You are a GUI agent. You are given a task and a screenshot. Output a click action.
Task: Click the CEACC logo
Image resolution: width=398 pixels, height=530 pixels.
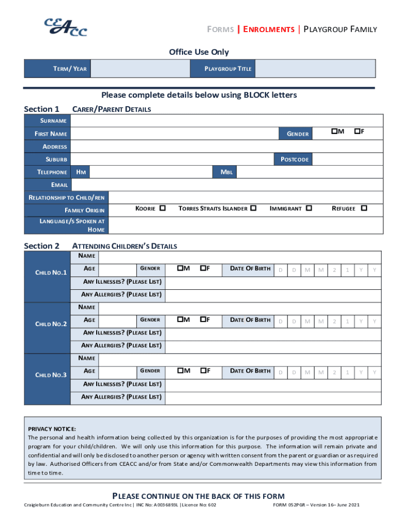[x=65, y=27]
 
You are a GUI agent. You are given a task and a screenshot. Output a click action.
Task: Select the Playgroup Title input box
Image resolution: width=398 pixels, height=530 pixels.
[x=315, y=69]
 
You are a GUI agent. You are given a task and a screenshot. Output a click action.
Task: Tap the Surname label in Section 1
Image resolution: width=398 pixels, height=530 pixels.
[x=54, y=121]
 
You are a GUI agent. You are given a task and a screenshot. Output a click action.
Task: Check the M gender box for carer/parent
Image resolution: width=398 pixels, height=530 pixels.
[x=334, y=132]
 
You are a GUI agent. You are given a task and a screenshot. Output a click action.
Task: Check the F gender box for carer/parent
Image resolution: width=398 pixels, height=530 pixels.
[x=357, y=132]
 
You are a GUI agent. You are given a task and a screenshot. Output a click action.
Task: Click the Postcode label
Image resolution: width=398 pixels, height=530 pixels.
[x=294, y=159]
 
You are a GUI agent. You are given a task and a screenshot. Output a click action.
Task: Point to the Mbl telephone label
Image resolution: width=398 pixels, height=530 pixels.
[x=226, y=172]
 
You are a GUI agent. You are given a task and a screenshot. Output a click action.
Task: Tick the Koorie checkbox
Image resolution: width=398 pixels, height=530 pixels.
[x=162, y=208]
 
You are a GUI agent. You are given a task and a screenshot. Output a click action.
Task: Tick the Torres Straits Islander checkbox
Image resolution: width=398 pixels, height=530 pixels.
[x=253, y=208]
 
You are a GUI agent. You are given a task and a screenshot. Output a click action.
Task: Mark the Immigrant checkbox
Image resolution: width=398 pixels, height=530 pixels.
[x=309, y=208]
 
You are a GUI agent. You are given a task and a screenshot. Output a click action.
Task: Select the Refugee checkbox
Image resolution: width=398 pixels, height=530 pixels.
[x=364, y=208]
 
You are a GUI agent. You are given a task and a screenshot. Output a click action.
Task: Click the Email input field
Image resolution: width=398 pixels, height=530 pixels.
[x=227, y=185]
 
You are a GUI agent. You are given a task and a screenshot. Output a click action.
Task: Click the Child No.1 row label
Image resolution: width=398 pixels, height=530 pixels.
[x=51, y=273]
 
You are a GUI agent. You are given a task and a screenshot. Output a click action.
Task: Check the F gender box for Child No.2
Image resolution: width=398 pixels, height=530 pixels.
[x=203, y=320]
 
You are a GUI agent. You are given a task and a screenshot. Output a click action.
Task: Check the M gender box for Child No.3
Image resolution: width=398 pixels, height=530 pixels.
[x=179, y=371]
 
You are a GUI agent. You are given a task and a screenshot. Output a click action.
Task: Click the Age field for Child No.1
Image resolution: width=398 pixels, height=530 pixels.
[x=117, y=269]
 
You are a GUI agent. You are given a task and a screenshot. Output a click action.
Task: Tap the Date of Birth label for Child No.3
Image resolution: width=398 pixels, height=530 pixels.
[x=250, y=371]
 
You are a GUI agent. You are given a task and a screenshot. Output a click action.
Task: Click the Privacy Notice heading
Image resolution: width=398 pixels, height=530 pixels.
[x=52, y=429]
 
